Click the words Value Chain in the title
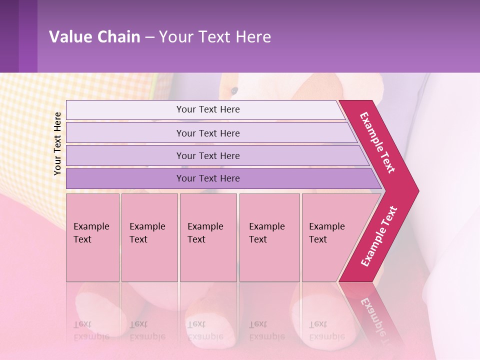pos(94,37)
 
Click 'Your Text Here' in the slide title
pos(215,37)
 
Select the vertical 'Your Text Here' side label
pos(57,143)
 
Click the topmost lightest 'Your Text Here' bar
pos(208,109)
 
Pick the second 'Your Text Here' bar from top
pos(208,133)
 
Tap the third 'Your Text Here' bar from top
pos(208,155)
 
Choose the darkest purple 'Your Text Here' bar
pos(208,178)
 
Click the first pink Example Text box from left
pos(92,237)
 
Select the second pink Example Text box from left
pos(149,237)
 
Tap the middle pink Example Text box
pos(208,237)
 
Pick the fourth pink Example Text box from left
pos(269,237)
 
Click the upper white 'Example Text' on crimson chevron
pos(377,142)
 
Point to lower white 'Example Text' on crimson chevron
pos(379,236)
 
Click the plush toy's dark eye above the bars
pos(234,90)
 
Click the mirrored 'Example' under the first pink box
pos(91,336)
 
